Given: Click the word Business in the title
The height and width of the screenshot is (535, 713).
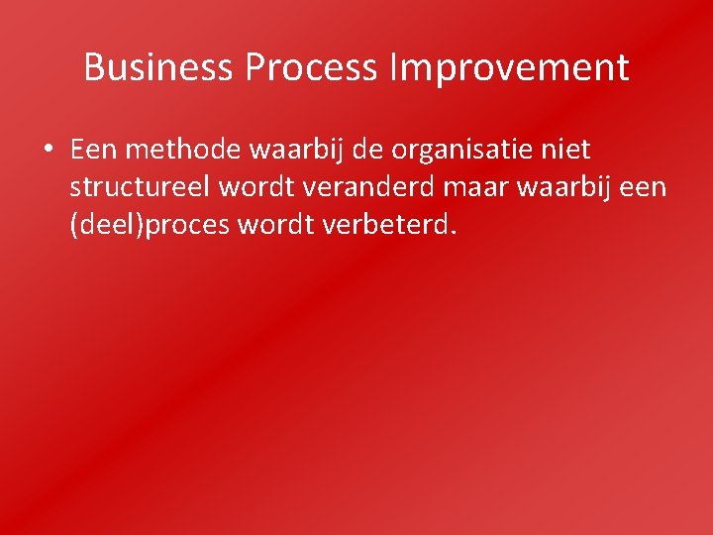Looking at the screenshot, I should pyautogui.click(x=159, y=67).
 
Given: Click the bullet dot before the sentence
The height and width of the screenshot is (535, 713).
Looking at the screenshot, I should pyautogui.click(x=48, y=151).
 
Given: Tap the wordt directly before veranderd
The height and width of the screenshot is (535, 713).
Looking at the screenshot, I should pyautogui.click(x=252, y=188).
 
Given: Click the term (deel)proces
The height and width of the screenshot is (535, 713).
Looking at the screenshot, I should pyautogui.click(x=150, y=226).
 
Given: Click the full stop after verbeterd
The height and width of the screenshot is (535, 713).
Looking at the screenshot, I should pyautogui.click(x=455, y=233).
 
